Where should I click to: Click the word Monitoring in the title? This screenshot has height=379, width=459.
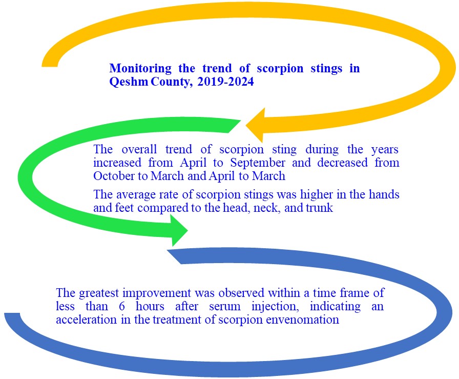(140, 69)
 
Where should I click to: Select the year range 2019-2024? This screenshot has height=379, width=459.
(225, 82)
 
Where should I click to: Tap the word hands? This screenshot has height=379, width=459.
(384, 194)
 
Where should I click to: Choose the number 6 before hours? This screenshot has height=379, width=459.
(122, 306)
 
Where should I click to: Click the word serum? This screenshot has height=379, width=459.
(225, 307)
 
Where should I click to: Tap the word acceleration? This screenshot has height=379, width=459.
(87, 320)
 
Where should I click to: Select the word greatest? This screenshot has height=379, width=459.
(99, 293)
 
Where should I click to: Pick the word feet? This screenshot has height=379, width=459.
(124, 208)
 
